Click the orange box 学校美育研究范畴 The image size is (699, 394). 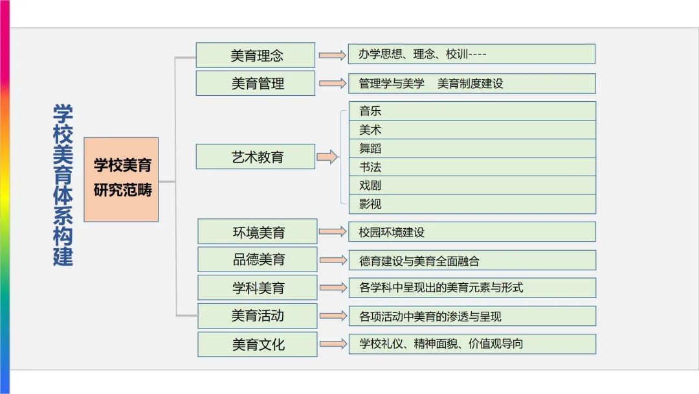point(121,180)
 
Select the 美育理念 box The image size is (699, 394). point(256,55)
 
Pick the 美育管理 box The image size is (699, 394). point(256,83)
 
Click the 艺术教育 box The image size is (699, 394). point(256,156)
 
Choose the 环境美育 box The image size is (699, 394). point(258,231)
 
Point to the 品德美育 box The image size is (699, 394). point(258,259)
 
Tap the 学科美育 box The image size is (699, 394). point(258,287)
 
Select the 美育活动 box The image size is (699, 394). point(258,316)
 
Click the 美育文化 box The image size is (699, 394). point(258,344)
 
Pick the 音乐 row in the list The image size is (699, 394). point(472,111)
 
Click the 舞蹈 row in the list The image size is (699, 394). point(472,148)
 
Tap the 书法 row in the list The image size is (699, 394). point(472,167)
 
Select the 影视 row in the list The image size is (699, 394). point(472,204)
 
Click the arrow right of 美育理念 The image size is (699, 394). point(333,55)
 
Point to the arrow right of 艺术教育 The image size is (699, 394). point(327,157)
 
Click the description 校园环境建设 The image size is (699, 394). point(472,232)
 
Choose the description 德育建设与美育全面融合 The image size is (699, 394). point(472,261)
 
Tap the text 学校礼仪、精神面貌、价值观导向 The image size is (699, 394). point(472,344)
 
